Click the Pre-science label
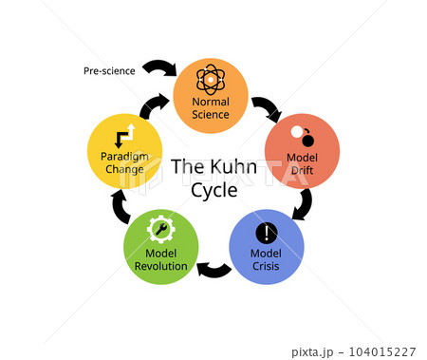click(109, 71)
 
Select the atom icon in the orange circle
click(211, 80)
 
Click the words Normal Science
click(211, 108)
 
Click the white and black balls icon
click(303, 136)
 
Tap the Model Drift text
click(302, 163)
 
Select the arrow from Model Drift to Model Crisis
click(305, 204)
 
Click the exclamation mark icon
click(267, 233)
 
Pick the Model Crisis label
click(266, 259)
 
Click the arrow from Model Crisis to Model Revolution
click(213, 271)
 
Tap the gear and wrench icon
click(161, 229)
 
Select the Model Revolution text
click(161, 259)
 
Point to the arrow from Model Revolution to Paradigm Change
click(121, 207)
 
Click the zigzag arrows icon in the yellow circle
click(125, 136)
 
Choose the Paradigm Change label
click(124, 162)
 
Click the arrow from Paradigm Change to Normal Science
click(154, 106)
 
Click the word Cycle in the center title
click(214, 191)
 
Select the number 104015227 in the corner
click(382, 351)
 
